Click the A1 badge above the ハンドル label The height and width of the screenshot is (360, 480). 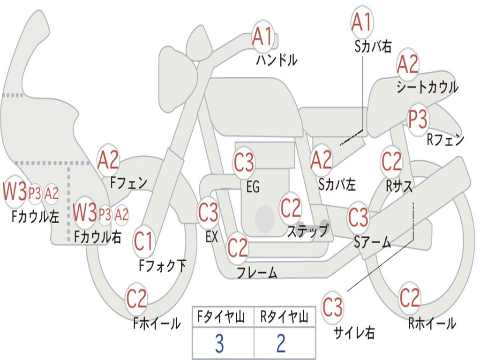click(262, 37)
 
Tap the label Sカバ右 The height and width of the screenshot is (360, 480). click(373, 46)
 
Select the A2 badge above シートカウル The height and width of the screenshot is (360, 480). click(407, 64)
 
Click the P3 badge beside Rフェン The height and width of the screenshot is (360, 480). click(418, 120)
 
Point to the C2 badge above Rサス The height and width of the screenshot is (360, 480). click(391, 161)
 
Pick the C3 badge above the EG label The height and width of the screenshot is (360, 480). click(244, 162)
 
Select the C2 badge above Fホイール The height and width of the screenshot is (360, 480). click(136, 299)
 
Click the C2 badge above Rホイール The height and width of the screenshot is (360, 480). click(410, 298)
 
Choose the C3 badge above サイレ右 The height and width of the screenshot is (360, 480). click(332, 307)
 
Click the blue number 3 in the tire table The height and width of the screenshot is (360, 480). click(219, 344)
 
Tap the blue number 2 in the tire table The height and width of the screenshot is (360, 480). click(281, 344)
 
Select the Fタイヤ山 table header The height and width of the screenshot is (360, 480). click(221, 317)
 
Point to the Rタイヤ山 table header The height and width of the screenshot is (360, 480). click(284, 317)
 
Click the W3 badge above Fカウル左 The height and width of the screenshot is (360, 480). click(15, 192)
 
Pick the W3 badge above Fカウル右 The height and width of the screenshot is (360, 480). click(85, 212)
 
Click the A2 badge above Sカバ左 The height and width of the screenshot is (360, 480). click(321, 160)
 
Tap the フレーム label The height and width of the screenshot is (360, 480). click(257, 272)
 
